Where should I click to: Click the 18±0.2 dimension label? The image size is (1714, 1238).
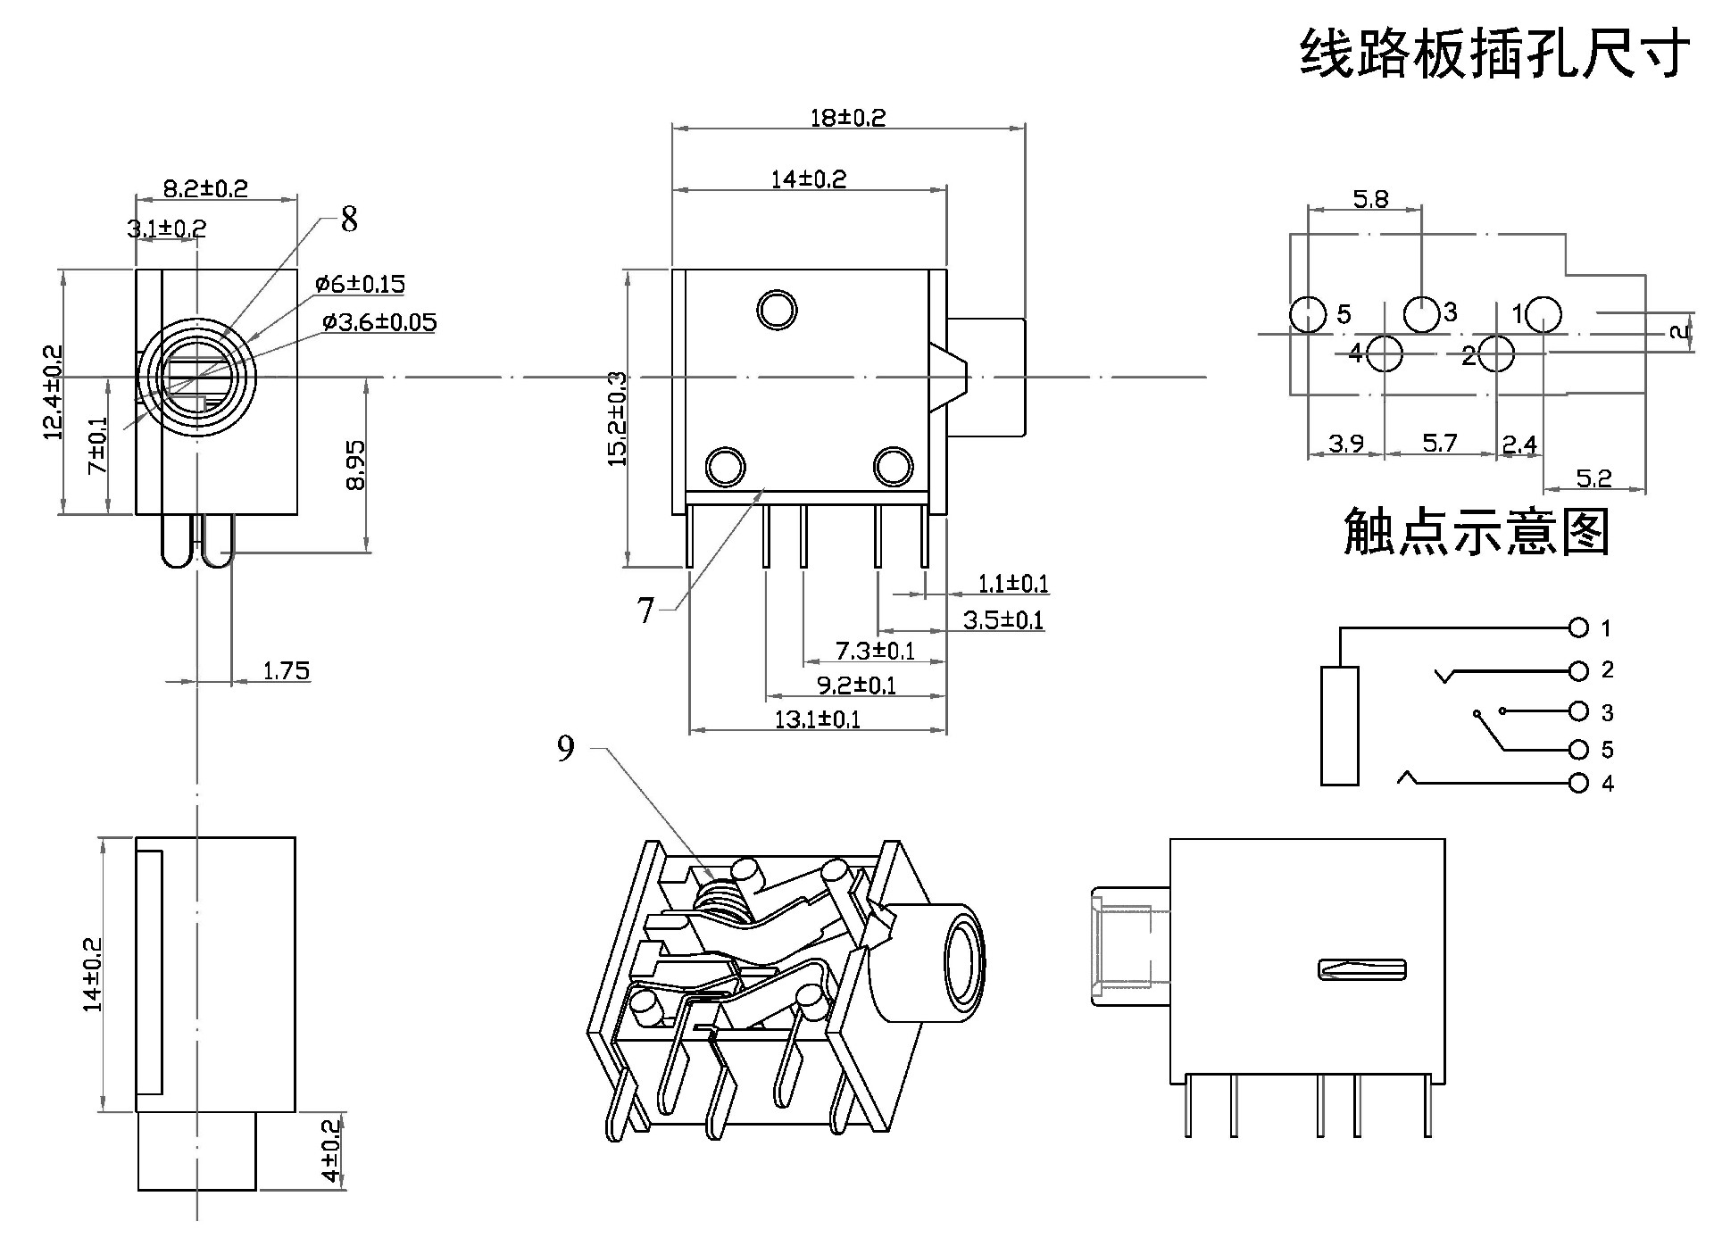pyautogui.click(x=847, y=117)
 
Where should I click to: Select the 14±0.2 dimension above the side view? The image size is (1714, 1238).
pyautogui.click(x=808, y=179)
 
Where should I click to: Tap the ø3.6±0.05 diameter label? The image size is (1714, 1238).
pyautogui.click(x=379, y=321)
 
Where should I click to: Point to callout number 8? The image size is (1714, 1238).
pyautogui.click(x=349, y=219)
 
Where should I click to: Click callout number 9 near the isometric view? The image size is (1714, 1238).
pyautogui.click(x=566, y=748)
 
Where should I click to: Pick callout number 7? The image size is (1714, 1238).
pyautogui.click(x=645, y=611)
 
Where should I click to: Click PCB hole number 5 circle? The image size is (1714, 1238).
pyautogui.click(x=1309, y=314)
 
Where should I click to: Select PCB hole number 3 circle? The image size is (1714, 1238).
pyautogui.click(x=1421, y=313)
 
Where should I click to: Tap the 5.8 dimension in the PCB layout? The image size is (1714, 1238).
pyautogui.click(x=1370, y=198)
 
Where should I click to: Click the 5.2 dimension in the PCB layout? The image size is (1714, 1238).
pyautogui.click(x=1593, y=478)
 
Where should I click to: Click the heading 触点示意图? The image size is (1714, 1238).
pyautogui.click(x=1477, y=532)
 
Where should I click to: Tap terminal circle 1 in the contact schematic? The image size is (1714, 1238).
pyautogui.click(x=1578, y=627)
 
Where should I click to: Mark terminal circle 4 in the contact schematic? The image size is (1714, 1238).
pyautogui.click(x=1578, y=783)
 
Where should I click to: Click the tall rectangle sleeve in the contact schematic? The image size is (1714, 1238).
pyautogui.click(x=1339, y=726)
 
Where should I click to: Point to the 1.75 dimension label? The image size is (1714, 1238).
pyautogui.click(x=286, y=670)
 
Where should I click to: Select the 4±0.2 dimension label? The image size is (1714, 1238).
pyautogui.click(x=331, y=1151)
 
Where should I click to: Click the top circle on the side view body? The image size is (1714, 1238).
pyautogui.click(x=777, y=310)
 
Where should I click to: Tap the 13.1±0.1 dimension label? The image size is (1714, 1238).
pyautogui.click(x=817, y=719)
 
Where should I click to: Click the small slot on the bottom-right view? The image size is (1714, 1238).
pyautogui.click(x=1361, y=969)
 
